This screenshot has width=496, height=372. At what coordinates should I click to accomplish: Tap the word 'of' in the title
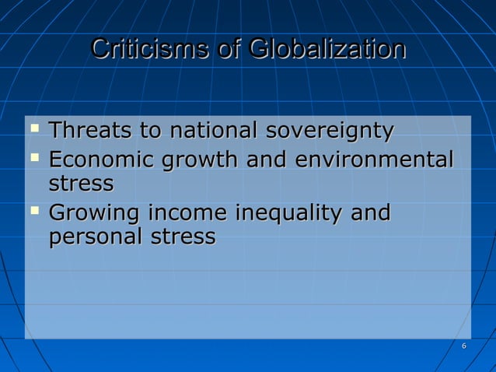point(229,49)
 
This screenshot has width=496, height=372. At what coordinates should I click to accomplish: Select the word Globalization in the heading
point(327,49)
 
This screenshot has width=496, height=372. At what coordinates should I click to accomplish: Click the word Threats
point(92,131)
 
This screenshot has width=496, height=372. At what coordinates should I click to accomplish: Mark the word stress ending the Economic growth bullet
point(81,185)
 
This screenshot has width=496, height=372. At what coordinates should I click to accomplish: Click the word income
point(186,212)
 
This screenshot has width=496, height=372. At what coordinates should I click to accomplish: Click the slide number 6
point(464,346)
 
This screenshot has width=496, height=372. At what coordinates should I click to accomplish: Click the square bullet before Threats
point(33,127)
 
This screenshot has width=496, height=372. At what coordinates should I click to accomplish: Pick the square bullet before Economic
point(33,156)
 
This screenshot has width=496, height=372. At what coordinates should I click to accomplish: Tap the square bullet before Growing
point(33,209)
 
